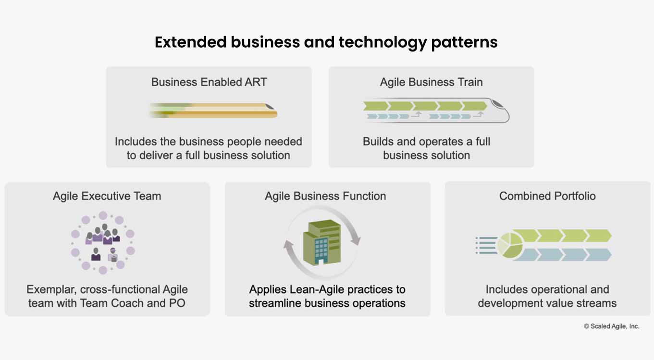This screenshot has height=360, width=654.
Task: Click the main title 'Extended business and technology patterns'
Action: (x=326, y=42)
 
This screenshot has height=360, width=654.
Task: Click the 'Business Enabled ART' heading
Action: (x=209, y=82)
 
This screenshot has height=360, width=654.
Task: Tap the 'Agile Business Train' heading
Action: (x=431, y=82)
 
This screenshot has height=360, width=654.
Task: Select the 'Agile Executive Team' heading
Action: (x=107, y=196)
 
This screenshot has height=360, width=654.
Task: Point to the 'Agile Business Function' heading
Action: (x=325, y=196)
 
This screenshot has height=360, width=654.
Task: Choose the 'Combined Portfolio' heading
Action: (x=547, y=196)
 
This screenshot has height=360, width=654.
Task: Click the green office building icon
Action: (x=321, y=242)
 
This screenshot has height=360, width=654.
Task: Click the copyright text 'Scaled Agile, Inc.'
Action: (x=611, y=326)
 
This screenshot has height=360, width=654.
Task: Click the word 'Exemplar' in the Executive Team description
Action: (x=51, y=290)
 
